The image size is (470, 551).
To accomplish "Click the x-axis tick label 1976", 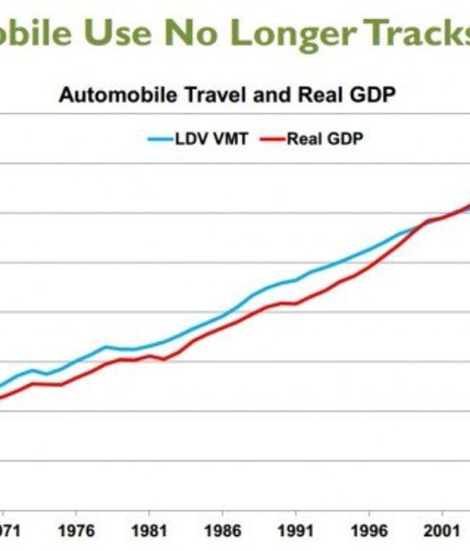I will tap(75, 531).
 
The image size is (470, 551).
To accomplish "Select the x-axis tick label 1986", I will tap(221, 531).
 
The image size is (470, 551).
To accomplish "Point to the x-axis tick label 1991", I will tap(295, 531).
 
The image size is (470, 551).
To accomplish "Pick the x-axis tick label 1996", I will tap(368, 531).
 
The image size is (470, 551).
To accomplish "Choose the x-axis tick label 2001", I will tap(441, 531).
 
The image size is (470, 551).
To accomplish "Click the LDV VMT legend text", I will tap(211, 139).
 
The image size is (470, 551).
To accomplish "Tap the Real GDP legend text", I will tap(324, 139).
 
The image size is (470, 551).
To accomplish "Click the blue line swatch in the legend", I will tap(159, 139).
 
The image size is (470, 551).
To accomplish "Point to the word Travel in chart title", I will tap(208, 95).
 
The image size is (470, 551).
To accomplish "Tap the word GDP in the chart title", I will tap(373, 95).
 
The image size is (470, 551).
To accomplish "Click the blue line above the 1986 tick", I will tap(221, 317).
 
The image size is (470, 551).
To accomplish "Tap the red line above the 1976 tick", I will tap(76, 379).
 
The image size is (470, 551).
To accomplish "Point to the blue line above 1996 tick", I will tap(368, 249).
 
